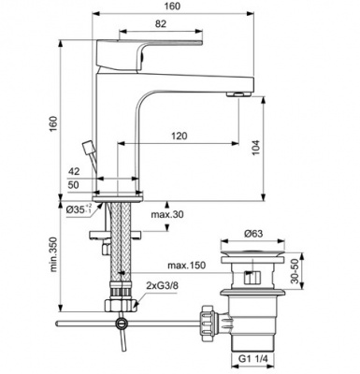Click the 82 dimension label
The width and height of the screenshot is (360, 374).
click(160, 23)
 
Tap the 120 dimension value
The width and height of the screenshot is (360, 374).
click(180, 136)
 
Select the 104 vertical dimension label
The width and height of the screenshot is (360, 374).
click(255, 148)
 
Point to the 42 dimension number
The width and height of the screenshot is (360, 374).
click(74, 171)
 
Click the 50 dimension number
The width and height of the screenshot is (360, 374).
click(74, 185)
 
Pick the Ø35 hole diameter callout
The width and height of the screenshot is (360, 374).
click(79, 209)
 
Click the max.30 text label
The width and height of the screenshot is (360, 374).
click(167, 214)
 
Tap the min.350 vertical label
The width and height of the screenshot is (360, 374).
click(54, 254)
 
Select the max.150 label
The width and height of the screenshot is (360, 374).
click(187, 266)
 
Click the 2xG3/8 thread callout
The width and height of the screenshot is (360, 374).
click(162, 286)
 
